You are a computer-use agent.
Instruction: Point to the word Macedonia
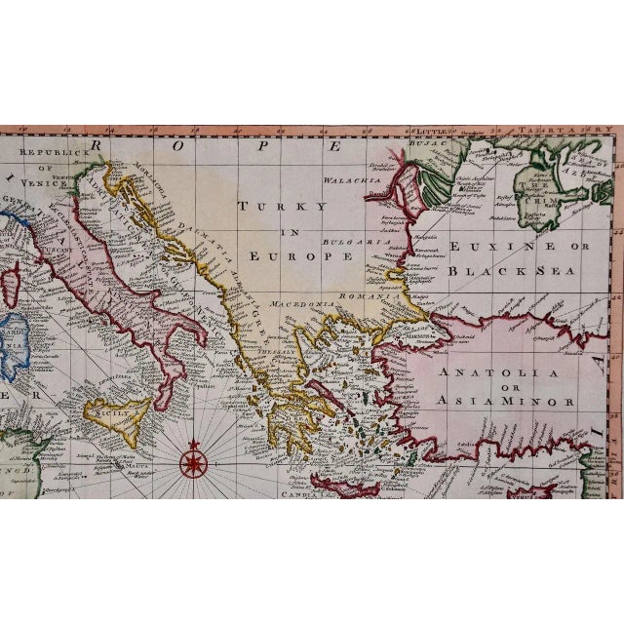point(309,303)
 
